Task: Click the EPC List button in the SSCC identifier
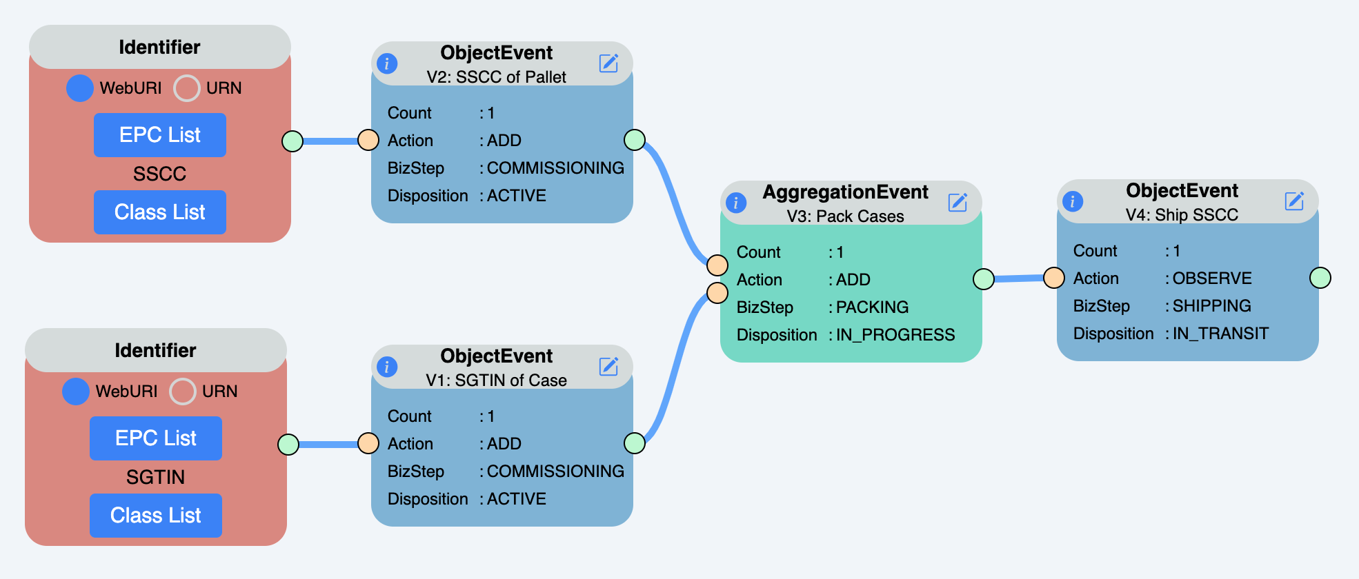tap(159, 135)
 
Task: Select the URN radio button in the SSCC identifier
tap(186, 88)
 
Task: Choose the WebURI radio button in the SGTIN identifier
tap(76, 392)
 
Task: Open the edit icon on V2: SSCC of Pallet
tap(608, 63)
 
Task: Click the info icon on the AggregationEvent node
tap(736, 203)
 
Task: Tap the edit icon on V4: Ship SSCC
tap(1294, 201)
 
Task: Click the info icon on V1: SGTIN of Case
tap(387, 367)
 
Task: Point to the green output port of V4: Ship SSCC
tap(1320, 278)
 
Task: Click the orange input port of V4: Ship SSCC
tap(1053, 278)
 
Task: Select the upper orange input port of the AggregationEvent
tap(717, 265)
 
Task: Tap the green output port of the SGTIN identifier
tap(288, 445)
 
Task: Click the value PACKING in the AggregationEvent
tap(872, 307)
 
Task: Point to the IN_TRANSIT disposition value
tap(1220, 334)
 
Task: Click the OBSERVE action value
tap(1211, 278)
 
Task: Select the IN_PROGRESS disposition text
tap(895, 335)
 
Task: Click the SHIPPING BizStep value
tap(1211, 306)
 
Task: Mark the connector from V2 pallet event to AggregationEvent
tap(675, 200)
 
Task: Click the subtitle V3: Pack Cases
tap(845, 216)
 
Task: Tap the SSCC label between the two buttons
tap(159, 174)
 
